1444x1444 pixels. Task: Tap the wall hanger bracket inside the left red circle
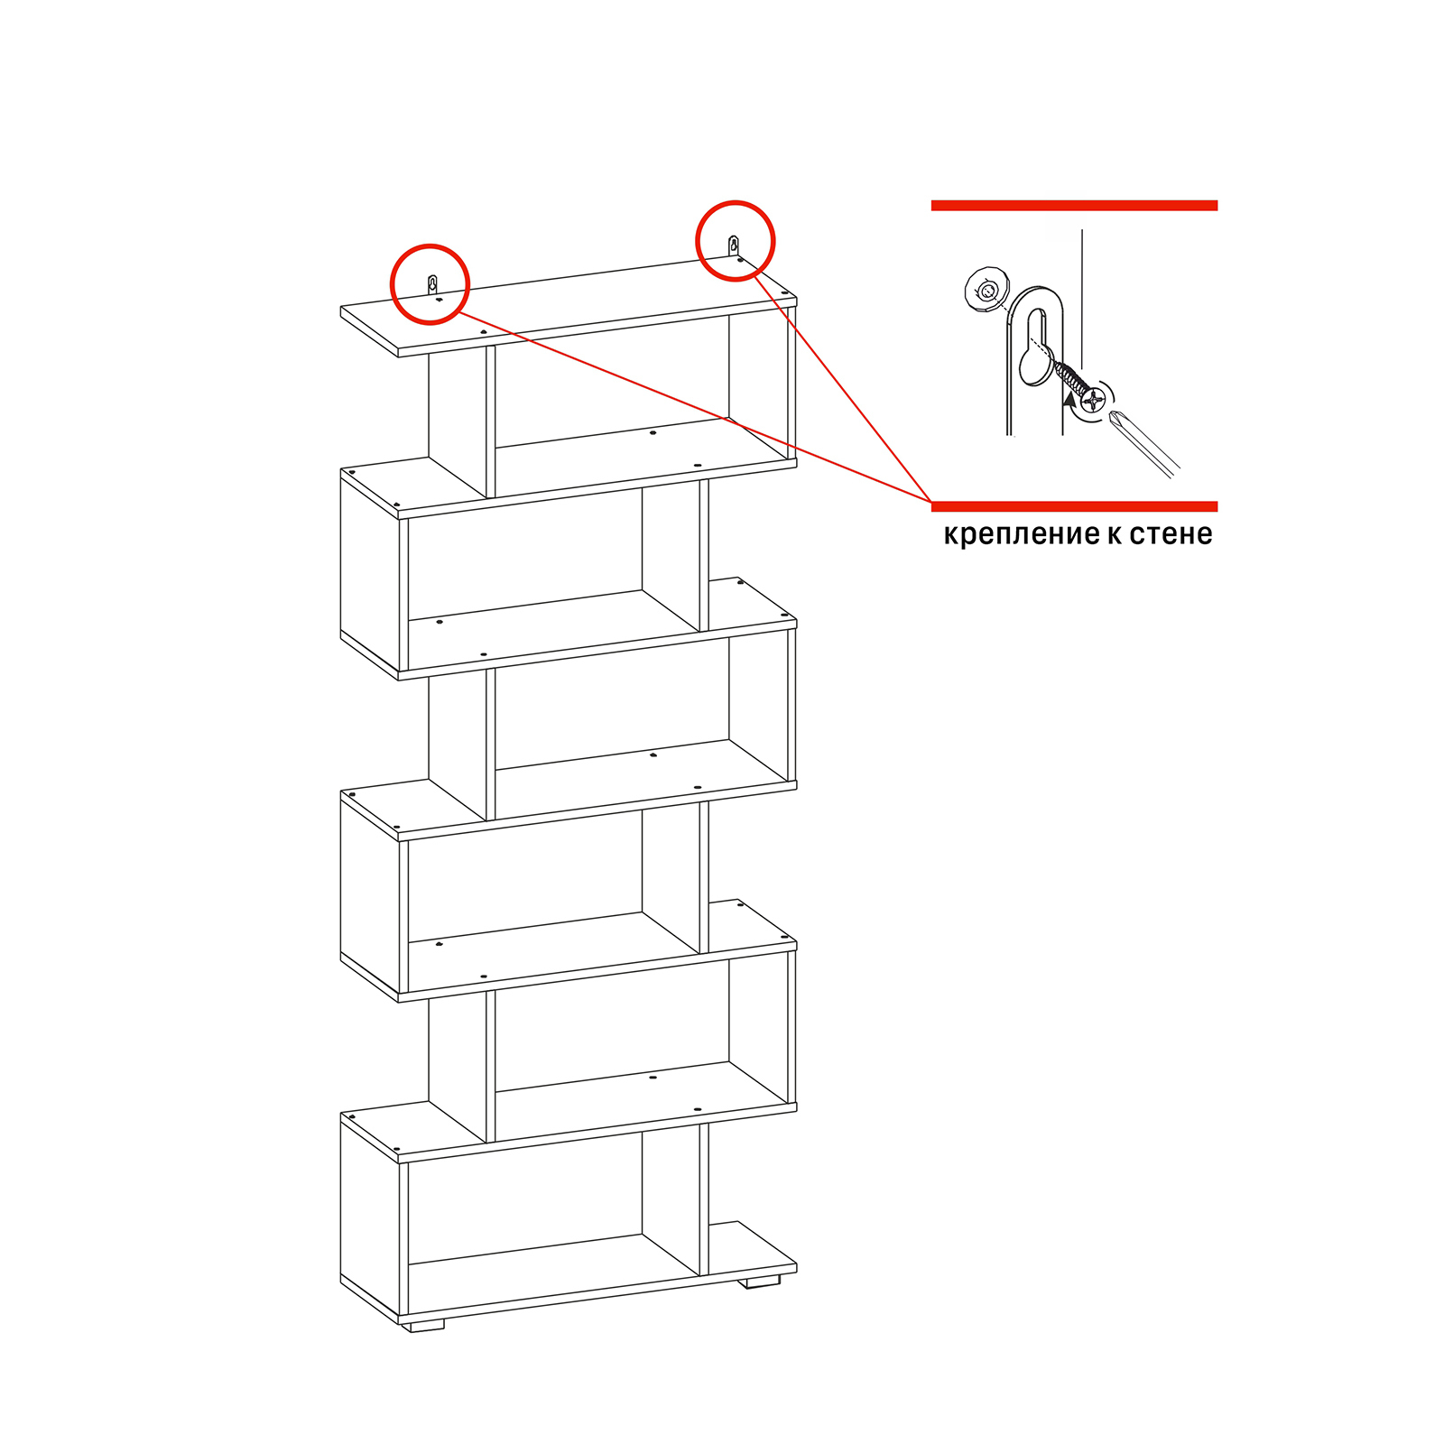pyautogui.click(x=432, y=284)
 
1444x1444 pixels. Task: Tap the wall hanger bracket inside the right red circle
pyautogui.click(x=734, y=245)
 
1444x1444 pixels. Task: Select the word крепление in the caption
pyautogui.click(x=1020, y=535)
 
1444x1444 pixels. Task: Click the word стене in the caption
pyautogui.click(x=1171, y=534)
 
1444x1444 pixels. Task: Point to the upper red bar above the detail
pyautogui.click(x=1074, y=206)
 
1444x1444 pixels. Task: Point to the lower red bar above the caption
pyautogui.click(x=1074, y=506)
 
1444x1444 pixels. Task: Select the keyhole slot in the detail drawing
pyautogui.click(x=1037, y=347)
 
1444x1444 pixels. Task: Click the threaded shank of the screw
pyautogui.click(x=1069, y=378)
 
